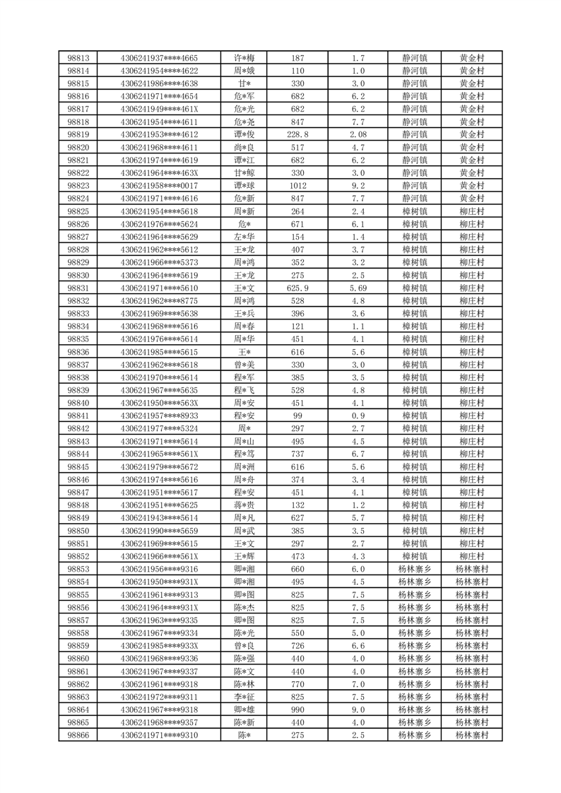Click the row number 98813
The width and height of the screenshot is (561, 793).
pos(78,58)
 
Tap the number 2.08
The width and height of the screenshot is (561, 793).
pos(358,134)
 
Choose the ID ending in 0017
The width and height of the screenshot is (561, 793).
pos(160,185)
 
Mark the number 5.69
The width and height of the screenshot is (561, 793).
pos(358,288)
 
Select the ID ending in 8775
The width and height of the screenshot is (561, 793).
pos(160,300)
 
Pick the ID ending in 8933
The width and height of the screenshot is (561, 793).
pos(160,416)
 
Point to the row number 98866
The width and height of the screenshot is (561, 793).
pos(78,735)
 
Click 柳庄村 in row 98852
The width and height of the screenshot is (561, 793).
pos(471,556)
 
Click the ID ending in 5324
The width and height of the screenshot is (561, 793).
pos(160,428)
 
